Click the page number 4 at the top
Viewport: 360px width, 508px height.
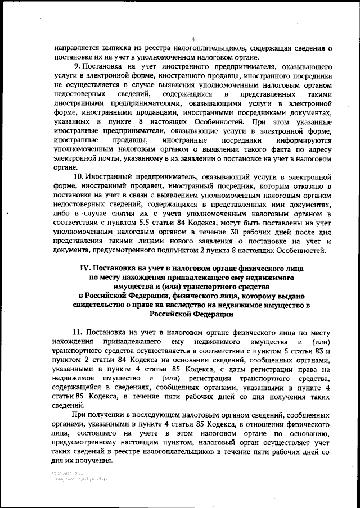(192, 39)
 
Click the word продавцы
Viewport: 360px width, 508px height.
(132, 140)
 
